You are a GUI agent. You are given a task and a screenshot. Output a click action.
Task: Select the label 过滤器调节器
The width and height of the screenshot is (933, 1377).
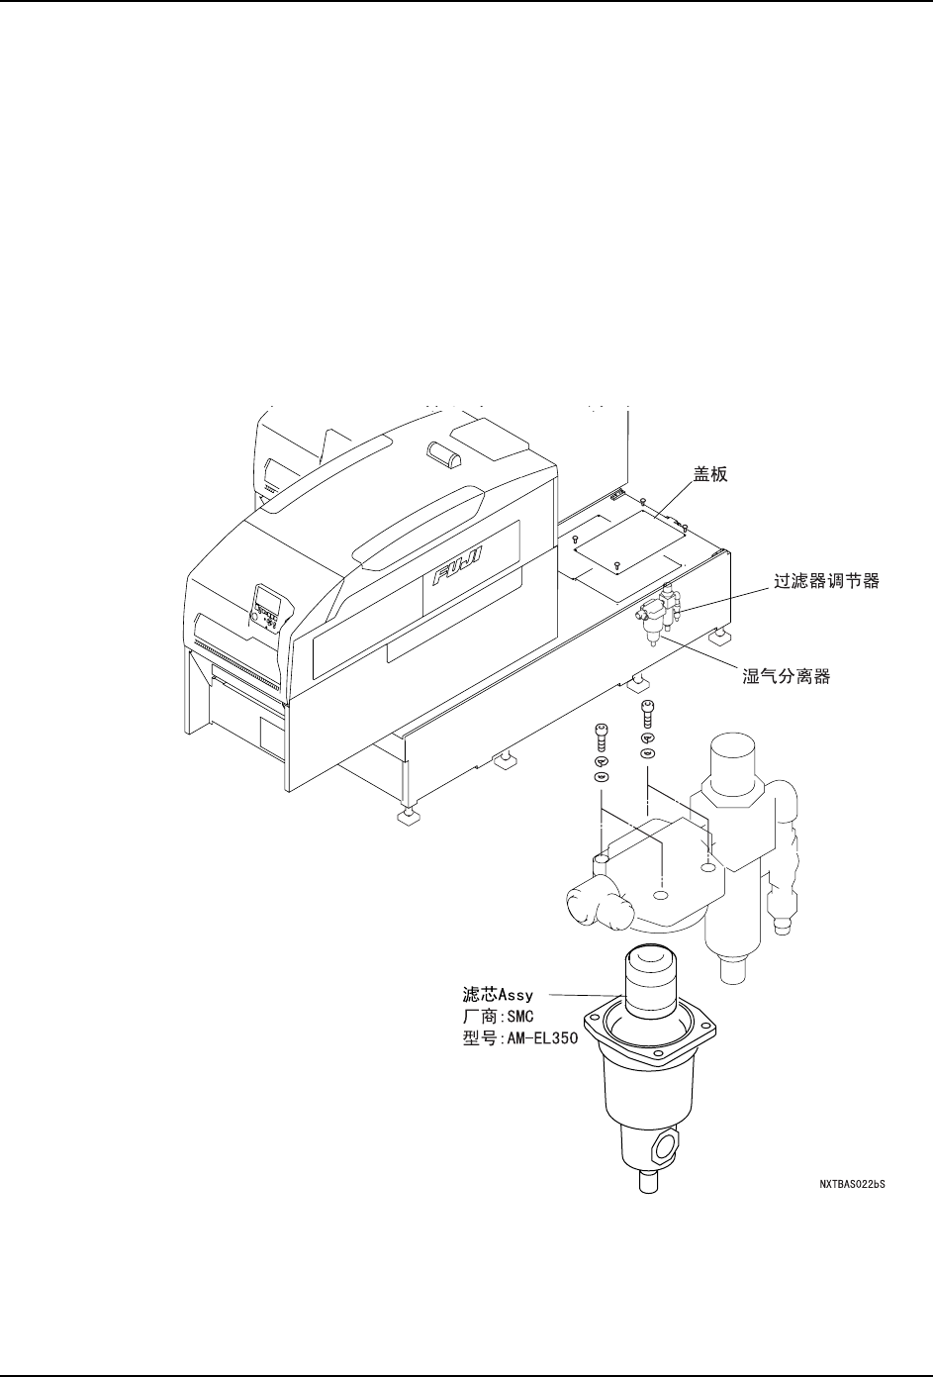pos(825,583)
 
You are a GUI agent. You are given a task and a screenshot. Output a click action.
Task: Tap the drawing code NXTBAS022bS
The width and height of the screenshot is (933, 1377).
pos(851,1183)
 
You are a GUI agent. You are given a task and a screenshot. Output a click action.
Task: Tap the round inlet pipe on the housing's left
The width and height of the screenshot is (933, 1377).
pos(594,902)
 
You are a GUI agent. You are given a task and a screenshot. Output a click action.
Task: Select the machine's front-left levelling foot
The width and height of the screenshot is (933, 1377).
pos(406,814)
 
